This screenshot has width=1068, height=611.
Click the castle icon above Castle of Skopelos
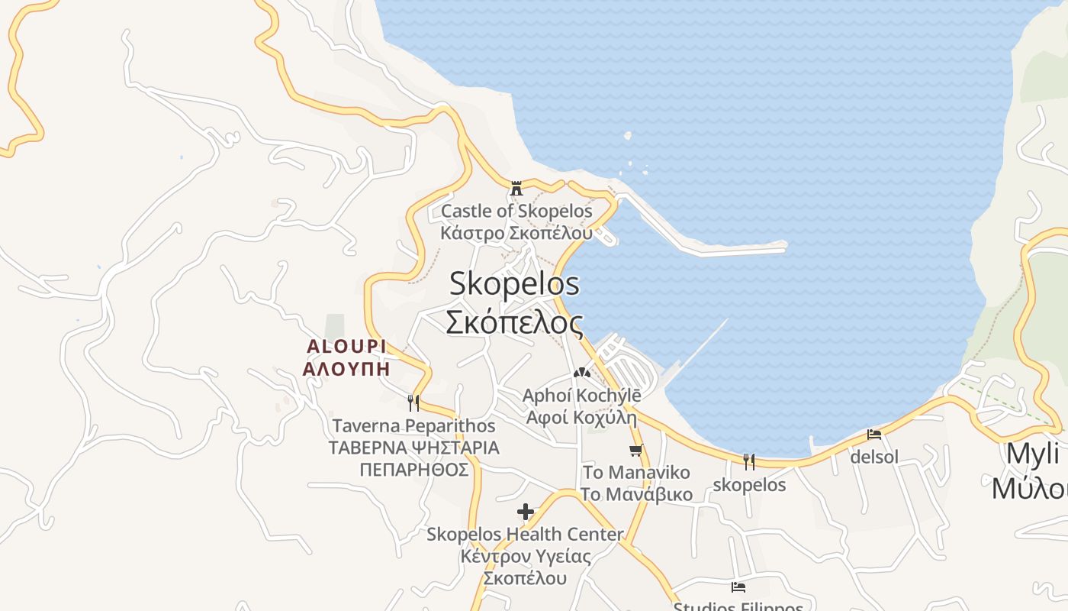[516, 188]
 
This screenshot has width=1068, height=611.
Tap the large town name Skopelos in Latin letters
[514, 284]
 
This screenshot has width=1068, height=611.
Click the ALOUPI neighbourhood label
[346, 346]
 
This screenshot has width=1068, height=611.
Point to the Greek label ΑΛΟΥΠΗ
[346, 369]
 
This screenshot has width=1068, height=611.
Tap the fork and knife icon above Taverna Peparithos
[413, 402]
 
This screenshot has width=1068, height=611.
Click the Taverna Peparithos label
[413, 425]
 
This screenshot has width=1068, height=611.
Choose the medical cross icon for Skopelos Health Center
[526, 512]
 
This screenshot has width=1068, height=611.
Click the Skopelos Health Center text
[525, 534]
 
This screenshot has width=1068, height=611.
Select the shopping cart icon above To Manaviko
[636, 450]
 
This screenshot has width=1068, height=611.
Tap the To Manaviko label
[636, 472]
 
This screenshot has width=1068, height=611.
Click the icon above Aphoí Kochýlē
[582, 373]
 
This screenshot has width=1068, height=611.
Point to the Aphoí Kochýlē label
[581, 396]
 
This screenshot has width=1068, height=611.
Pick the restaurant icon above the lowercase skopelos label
[749, 461]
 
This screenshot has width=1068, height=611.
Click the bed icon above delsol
[874, 435]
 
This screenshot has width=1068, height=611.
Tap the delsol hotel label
[874, 457]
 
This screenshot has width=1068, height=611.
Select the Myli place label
[1033, 454]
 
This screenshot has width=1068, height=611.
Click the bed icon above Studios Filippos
[738, 587]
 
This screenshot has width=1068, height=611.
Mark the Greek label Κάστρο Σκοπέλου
[516, 232]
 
